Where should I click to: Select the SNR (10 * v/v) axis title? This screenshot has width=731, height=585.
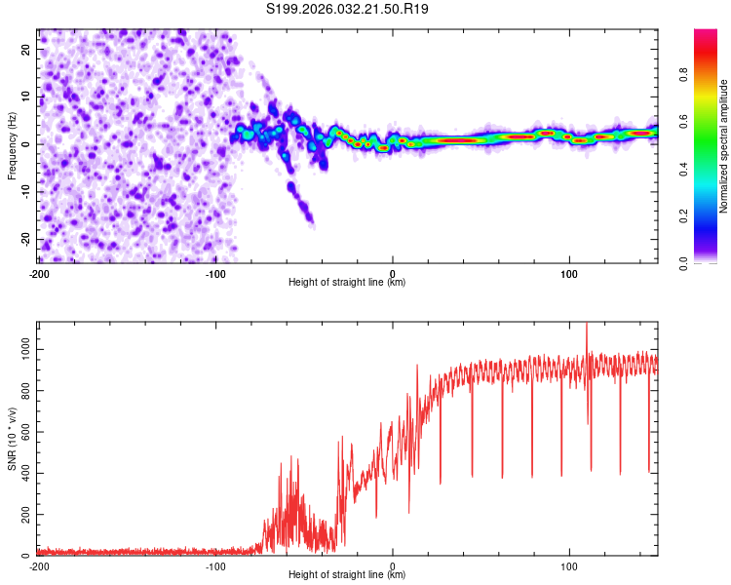(12, 439)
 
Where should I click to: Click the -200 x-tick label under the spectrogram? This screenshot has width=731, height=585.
(39, 272)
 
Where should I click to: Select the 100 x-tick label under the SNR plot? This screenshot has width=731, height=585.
(569, 565)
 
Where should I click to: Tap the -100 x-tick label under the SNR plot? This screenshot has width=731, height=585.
(215, 565)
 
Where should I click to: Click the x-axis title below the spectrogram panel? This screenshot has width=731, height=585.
(347, 283)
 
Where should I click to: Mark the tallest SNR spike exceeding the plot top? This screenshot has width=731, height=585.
(587, 327)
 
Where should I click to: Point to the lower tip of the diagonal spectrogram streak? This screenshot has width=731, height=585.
(311, 221)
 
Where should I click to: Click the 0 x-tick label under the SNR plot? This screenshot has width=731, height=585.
(393, 565)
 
